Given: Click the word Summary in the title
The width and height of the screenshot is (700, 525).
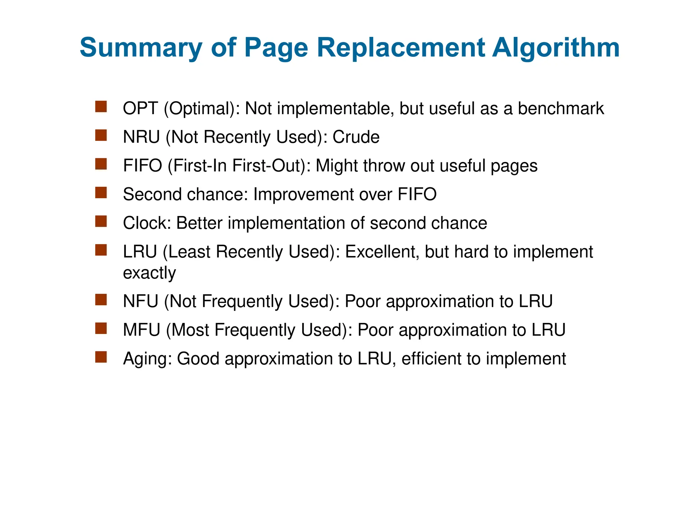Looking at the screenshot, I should (141, 48).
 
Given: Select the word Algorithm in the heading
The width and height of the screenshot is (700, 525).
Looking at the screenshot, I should (556, 48).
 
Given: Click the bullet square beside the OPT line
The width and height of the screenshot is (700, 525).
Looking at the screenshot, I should (101, 107).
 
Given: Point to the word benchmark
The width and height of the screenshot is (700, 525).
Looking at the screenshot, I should (561, 109).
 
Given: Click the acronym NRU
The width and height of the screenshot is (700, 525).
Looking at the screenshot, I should (141, 137).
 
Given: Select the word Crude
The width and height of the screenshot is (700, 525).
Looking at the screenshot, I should (356, 137).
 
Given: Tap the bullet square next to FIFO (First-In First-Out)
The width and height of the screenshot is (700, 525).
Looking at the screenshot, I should (101, 164).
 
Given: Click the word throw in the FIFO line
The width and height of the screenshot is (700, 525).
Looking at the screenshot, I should (384, 166).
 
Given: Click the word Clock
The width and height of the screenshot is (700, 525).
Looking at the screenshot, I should (147, 223).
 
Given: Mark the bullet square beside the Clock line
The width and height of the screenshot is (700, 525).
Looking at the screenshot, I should (101, 221).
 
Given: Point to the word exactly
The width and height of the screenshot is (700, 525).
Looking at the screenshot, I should (149, 273).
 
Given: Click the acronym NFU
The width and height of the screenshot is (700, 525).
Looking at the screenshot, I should (140, 301).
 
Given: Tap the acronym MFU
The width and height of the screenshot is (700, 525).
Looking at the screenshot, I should (142, 330).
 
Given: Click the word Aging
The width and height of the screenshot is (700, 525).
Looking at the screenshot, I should (147, 359).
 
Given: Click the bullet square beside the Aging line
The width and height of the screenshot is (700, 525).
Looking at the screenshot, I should (101, 357).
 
